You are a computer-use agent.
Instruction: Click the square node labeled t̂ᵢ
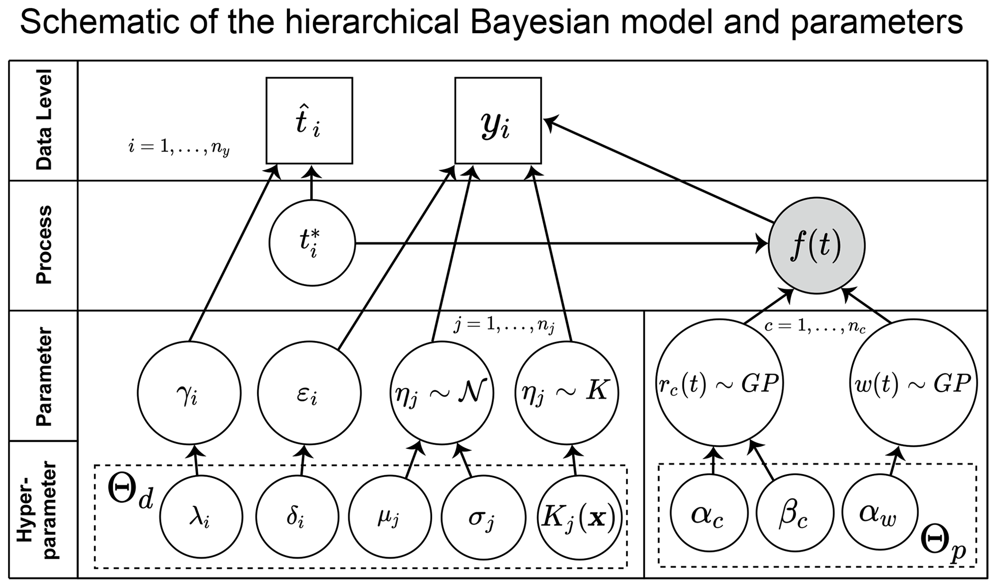309,121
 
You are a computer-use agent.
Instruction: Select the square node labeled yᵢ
498,121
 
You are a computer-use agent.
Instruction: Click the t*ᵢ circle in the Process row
312,243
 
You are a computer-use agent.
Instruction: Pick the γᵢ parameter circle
189,393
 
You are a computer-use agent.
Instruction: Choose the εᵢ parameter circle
309,393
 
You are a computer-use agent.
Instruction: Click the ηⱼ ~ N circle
442,393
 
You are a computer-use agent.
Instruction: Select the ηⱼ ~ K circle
567,393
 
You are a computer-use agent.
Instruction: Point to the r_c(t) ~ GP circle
719,383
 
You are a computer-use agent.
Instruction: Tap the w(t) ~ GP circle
914,383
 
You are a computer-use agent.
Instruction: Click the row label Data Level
44,120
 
